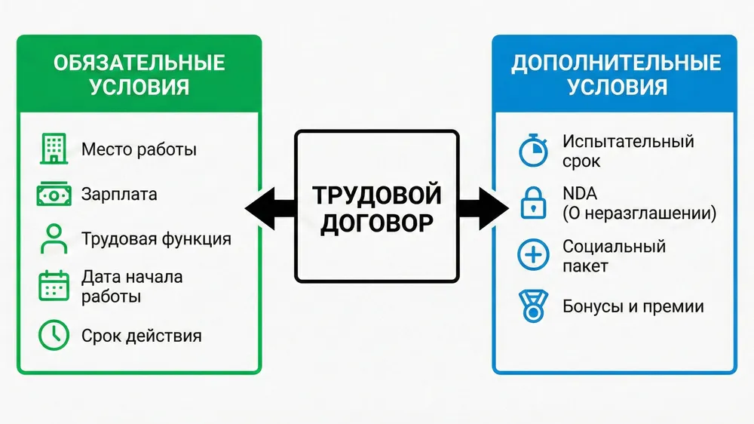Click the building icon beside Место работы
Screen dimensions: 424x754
(x=53, y=149)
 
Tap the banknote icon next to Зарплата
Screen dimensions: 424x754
(x=53, y=194)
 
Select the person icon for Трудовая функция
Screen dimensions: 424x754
(x=53, y=239)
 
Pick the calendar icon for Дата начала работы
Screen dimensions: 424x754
(x=53, y=286)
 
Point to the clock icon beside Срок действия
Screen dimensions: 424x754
(x=53, y=335)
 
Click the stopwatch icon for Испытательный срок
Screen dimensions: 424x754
(x=534, y=151)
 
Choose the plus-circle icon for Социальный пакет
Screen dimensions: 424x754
(x=534, y=256)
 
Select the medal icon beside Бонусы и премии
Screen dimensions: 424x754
(x=534, y=307)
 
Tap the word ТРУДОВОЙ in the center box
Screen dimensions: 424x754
(x=377, y=194)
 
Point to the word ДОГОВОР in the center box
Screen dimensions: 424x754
(x=377, y=224)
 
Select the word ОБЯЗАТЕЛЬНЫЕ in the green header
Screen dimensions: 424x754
(x=139, y=63)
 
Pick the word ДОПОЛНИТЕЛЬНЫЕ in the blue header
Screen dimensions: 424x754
(x=616, y=63)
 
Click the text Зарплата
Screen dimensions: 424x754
(x=119, y=195)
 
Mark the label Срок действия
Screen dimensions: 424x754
(x=142, y=335)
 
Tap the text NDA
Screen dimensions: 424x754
(x=579, y=195)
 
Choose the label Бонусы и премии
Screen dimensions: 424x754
(x=633, y=307)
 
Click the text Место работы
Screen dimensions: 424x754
(x=139, y=149)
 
